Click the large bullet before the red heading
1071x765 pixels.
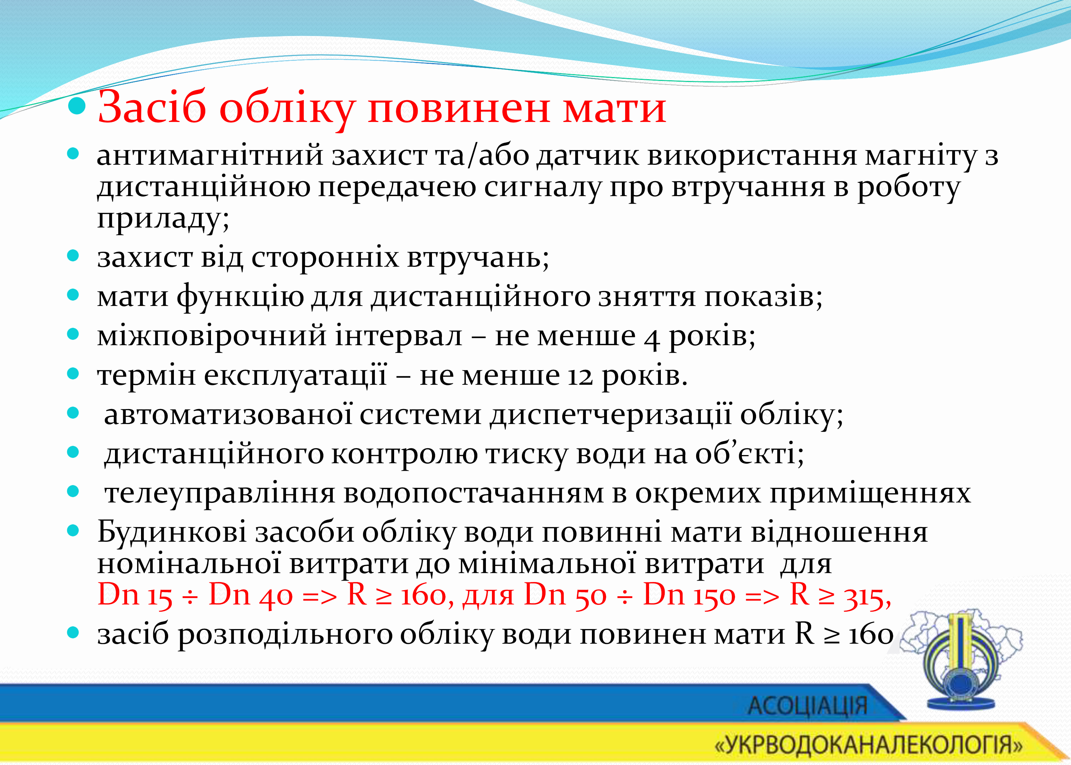(x=77, y=107)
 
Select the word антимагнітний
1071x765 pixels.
(x=210, y=156)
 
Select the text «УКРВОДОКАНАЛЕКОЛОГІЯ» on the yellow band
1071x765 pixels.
(x=868, y=744)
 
